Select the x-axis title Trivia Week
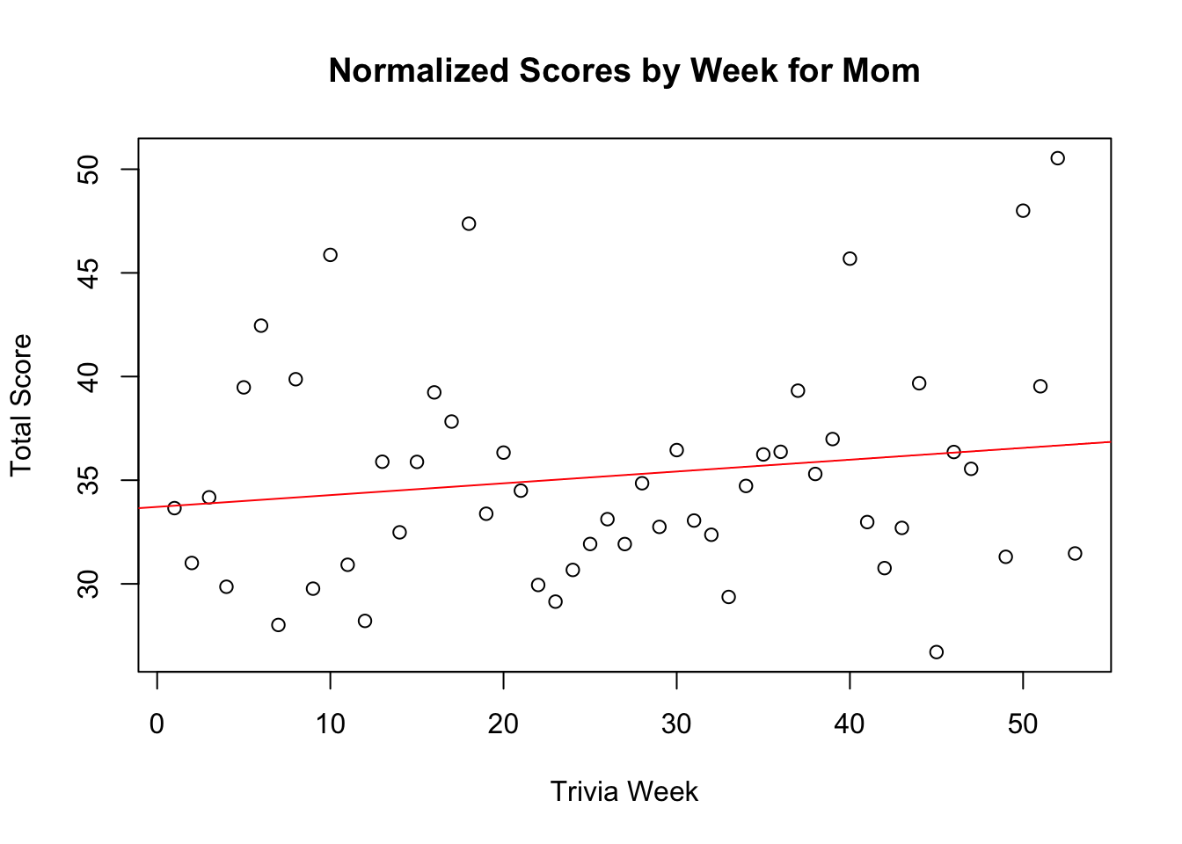(624, 792)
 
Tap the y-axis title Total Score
(21, 405)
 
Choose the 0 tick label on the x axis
(157, 725)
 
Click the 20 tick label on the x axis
(503, 725)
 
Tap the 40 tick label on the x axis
(850, 725)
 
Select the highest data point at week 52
(1057, 158)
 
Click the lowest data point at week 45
(936, 652)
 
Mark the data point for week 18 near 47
(469, 223)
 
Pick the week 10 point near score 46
(330, 255)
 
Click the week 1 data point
(174, 508)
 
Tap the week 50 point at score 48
(1023, 211)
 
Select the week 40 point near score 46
(850, 258)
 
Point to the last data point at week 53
(1075, 553)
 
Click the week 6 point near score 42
(260, 325)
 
